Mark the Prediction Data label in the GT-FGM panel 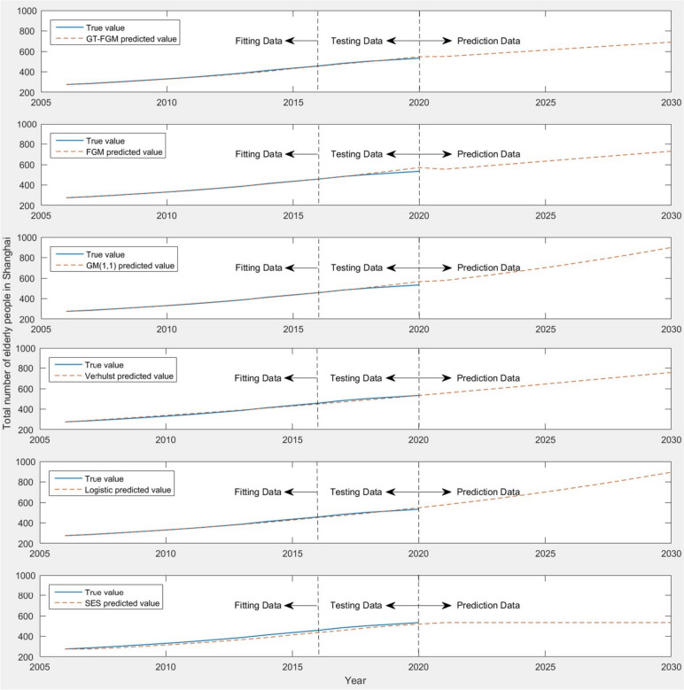point(488,41)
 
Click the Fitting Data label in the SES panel point(259,605)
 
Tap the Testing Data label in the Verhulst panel point(357,379)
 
